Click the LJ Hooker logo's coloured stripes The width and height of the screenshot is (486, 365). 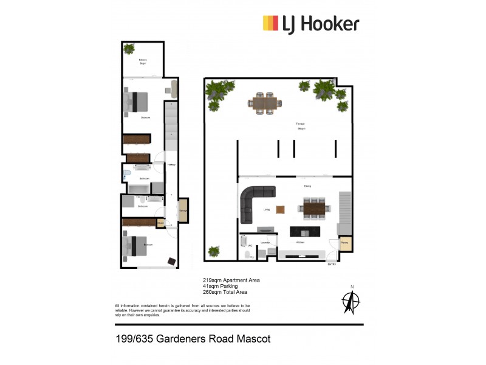coord(270,23)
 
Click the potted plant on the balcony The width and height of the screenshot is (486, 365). coord(129,49)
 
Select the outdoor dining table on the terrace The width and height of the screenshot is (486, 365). coord(265,103)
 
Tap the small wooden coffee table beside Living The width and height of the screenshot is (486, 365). coord(280,209)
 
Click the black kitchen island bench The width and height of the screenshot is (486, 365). coord(304,232)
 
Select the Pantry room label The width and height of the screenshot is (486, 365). coord(344,243)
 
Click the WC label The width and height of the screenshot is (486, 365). coord(250,246)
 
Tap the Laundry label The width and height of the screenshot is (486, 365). coord(265,243)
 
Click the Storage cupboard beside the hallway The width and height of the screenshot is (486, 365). coord(183,210)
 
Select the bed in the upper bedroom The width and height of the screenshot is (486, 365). coord(138,100)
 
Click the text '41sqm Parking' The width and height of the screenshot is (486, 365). coord(220,286)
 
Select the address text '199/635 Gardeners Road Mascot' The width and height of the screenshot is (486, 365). coord(193,339)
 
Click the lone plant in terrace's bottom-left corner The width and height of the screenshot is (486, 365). coord(213,251)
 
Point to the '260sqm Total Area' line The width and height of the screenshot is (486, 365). coord(225,292)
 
